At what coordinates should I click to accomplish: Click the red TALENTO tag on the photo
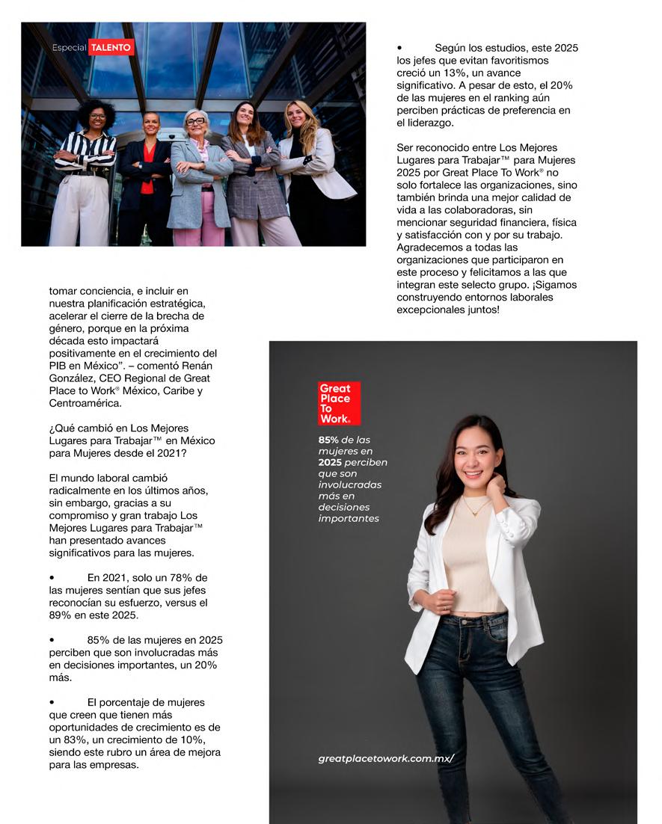(111, 48)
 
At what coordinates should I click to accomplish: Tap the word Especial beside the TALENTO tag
(69, 48)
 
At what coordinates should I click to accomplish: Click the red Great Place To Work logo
(339, 403)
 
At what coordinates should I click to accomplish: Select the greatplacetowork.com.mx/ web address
(386, 758)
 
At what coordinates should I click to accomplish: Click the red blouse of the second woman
(147, 168)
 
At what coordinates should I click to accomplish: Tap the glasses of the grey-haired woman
(195, 121)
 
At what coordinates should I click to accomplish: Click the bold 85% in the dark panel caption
(329, 440)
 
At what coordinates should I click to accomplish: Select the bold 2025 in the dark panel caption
(330, 462)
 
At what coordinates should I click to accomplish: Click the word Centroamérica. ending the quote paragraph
(85, 403)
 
